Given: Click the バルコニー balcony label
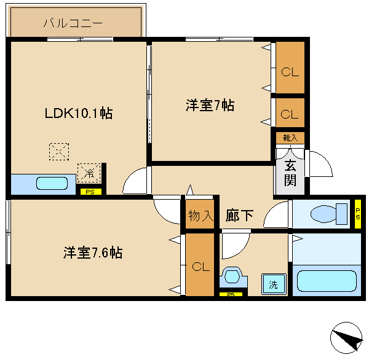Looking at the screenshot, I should pos(73,24).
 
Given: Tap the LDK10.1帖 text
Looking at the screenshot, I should pos(77,114).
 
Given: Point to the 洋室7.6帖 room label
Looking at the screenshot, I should pos(92,252).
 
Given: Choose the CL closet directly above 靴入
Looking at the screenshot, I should pos(290,114).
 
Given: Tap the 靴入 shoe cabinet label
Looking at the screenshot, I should pos(290,138).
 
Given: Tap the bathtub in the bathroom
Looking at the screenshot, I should pos(327,281).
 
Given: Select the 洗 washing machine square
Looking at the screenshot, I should pos(272,284).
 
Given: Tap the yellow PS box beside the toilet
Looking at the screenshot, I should pos(358,213).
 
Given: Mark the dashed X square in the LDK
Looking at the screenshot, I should pos(59,151).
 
